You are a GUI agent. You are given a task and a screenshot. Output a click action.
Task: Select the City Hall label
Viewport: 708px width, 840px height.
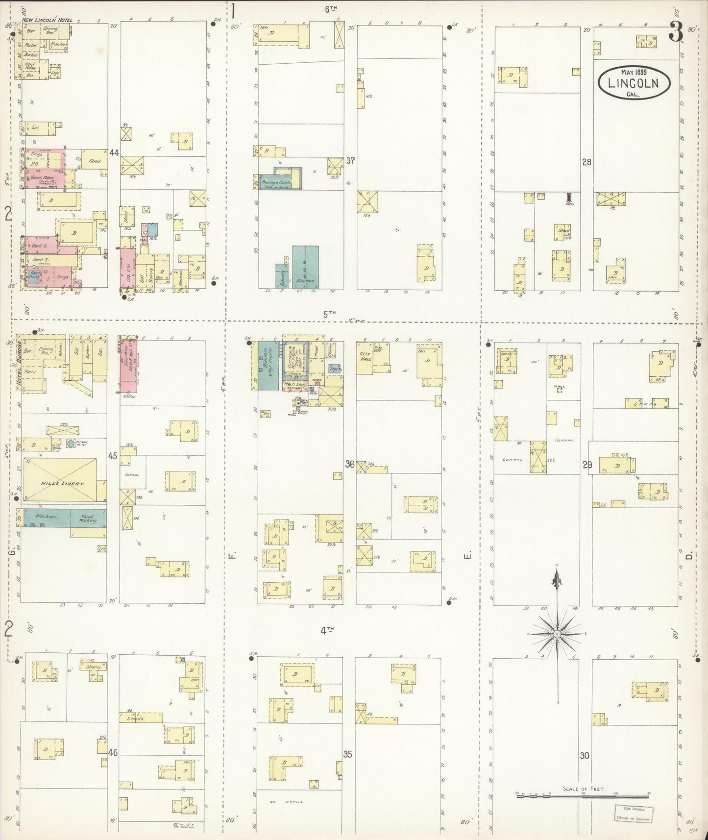(366, 356)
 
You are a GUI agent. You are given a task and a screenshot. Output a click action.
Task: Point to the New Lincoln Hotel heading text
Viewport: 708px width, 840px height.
(47, 20)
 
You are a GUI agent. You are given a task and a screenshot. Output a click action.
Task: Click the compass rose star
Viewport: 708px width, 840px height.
(557, 634)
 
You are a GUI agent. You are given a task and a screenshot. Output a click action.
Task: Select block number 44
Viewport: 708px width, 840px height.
(114, 153)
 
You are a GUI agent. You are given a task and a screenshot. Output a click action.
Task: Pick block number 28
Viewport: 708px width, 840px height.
(586, 162)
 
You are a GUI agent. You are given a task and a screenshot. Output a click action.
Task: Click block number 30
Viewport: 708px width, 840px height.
(585, 755)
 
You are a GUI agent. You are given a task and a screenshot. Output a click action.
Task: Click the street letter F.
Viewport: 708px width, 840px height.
(232, 556)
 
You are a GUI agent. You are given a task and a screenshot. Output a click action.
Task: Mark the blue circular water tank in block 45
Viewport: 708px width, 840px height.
(71, 444)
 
